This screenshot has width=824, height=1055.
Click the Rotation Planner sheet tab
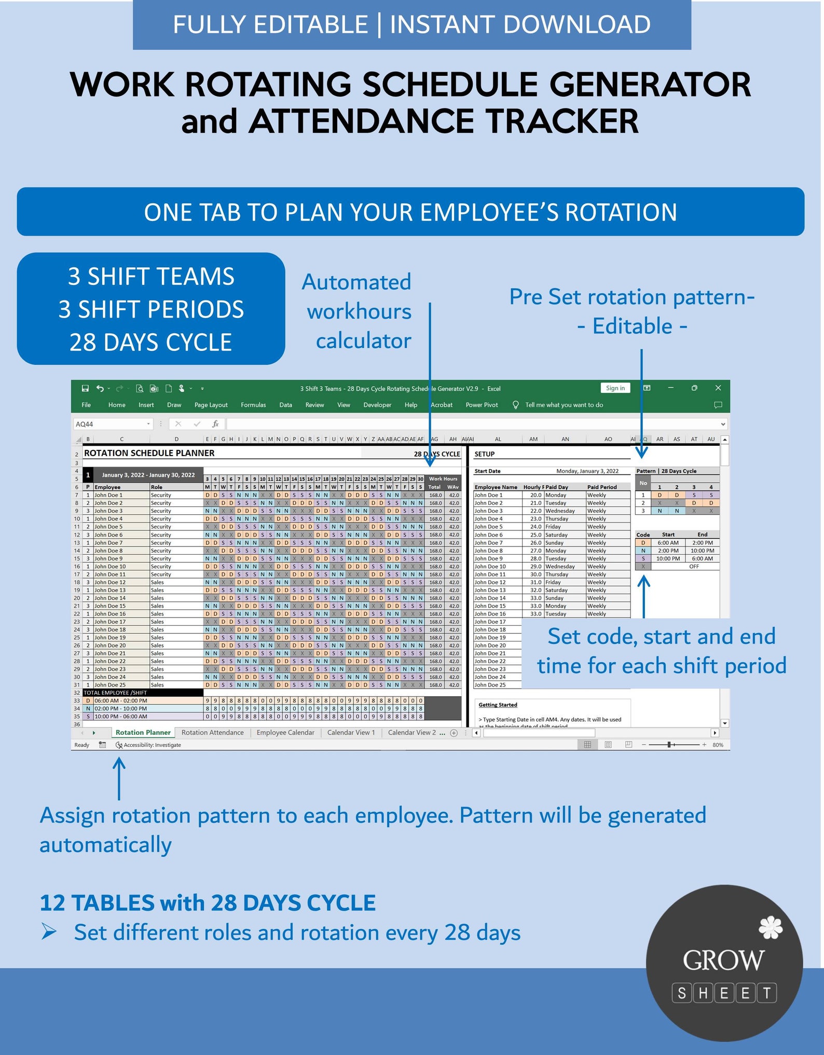tap(143, 732)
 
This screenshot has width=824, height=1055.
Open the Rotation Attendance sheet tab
tap(212, 732)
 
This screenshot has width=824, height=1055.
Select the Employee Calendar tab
tap(285, 732)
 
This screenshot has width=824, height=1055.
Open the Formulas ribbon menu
tap(253, 405)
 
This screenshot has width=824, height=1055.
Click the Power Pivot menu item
tap(482, 405)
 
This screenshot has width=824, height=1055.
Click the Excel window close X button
tap(718, 388)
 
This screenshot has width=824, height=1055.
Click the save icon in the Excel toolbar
tap(85, 388)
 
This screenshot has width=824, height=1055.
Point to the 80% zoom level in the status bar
tap(718, 745)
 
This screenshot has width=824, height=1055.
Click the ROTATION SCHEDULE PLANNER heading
tap(149, 453)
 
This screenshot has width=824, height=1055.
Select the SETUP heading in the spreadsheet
tap(484, 454)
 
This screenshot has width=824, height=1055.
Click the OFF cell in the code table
tap(694, 566)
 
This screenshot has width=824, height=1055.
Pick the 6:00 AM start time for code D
tap(668, 543)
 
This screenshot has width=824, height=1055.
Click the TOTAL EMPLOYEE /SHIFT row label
tap(115, 693)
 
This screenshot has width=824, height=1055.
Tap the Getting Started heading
tap(498, 705)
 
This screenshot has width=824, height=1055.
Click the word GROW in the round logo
tap(723, 960)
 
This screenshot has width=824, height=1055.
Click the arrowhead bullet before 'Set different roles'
tap(49, 932)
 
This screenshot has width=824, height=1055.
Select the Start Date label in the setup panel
tap(487, 471)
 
